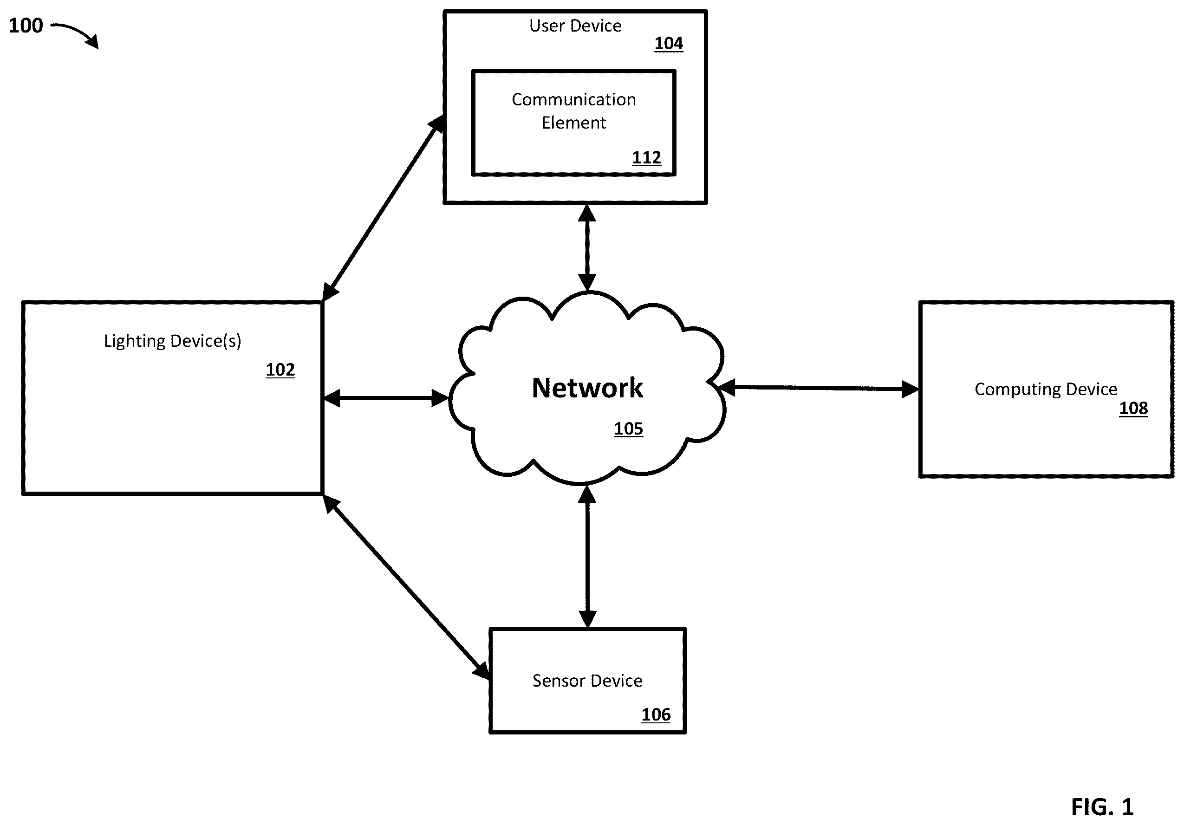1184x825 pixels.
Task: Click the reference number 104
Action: coord(669,44)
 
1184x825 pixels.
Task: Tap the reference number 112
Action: coord(647,158)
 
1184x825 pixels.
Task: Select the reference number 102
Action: coord(280,370)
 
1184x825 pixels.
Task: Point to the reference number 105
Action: coord(629,429)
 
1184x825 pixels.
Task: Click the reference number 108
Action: coord(1133,409)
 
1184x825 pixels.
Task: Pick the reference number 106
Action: coord(656,715)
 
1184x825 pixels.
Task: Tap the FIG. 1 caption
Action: coord(1103,807)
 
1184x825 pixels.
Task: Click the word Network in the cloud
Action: coord(587,388)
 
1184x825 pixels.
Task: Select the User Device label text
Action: coord(575,26)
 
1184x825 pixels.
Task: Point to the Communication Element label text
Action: coord(574,111)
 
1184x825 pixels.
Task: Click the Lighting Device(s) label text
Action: coord(173,341)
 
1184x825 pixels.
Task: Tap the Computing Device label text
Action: coord(1046,390)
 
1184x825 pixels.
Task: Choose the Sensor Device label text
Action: coord(587,681)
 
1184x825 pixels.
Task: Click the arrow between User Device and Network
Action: coord(587,248)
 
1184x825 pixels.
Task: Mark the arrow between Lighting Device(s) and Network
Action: coord(386,398)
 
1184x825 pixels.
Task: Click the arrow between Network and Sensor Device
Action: coord(587,557)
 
